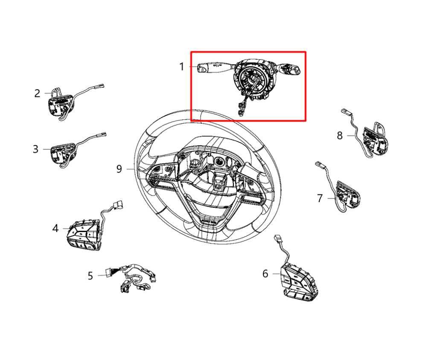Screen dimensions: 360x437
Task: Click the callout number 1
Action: pyautogui.click(x=181, y=67)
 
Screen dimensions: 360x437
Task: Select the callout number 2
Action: pyautogui.click(x=37, y=93)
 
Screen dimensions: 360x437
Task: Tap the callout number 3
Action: pyautogui.click(x=35, y=149)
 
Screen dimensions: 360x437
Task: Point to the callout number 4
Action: pyautogui.click(x=55, y=229)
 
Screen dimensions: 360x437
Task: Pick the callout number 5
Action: pyautogui.click(x=90, y=276)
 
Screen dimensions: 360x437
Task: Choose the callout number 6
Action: pyautogui.click(x=265, y=274)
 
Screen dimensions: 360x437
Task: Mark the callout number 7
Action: pyautogui.click(x=320, y=198)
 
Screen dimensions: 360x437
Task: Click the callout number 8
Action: pyautogui.click(x=340, y=136)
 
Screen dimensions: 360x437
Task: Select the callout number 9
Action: pyautogui.click(x=119, y=169)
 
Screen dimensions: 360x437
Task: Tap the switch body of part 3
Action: pyautogui.click(x=62, y=153)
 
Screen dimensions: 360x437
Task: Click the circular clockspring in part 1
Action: pyautogui.click(x=250, y=79)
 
